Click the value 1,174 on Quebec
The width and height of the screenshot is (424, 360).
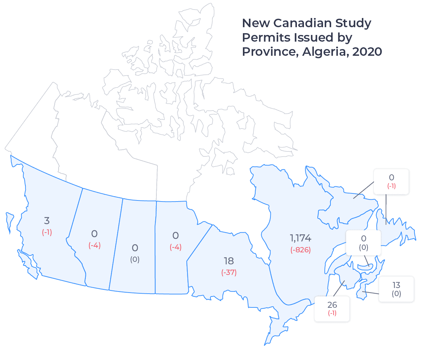pos(300,238)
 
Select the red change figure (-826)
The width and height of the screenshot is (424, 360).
pos(300,250)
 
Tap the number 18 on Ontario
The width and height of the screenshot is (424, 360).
pos(229,261)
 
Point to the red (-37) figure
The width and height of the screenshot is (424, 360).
pos(229,272)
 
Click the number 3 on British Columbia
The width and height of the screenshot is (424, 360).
pos(47,221)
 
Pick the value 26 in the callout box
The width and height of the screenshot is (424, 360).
pos(332,305)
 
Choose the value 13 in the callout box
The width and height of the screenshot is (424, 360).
pos(396,285)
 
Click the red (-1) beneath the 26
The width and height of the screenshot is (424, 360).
pos(332,313)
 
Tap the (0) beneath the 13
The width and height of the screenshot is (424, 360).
pos(396,294)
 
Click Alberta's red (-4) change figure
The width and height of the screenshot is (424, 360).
pos(95,245)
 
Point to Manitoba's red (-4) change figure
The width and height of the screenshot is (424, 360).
pos(175,247)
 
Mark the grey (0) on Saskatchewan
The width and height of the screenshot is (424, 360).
pos(135,259)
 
